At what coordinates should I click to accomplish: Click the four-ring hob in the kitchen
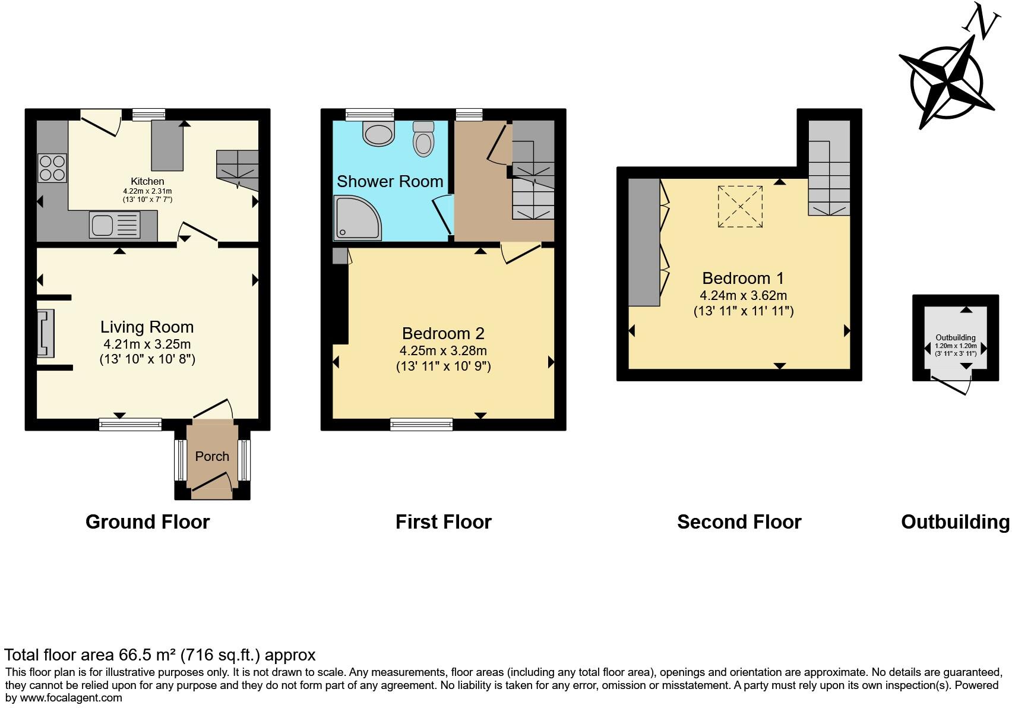(52, 167)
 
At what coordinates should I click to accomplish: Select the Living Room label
(147, 327)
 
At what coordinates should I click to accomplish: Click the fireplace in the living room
(46, 333)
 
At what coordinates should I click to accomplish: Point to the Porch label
(212, 456)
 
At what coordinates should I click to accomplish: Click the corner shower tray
(356, 218)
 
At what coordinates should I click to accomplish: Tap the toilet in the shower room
(423, 139)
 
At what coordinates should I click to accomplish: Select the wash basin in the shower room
(378, 133)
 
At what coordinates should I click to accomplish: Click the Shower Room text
(390, 182)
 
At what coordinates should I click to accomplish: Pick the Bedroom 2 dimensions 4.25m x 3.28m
(443, 350)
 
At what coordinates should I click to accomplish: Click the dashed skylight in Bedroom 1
(740, 206)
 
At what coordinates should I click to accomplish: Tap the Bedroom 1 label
(742, 278)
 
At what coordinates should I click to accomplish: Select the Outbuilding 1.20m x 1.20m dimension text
(955, 346)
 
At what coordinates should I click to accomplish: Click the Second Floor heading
(739, 522)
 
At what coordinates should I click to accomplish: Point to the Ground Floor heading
(147, 522)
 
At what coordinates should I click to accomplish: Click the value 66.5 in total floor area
(135, 655)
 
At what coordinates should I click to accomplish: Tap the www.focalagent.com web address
(71, 698)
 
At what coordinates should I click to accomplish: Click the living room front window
(130, 423)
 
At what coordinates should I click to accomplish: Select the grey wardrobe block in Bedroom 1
(644, 242)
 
